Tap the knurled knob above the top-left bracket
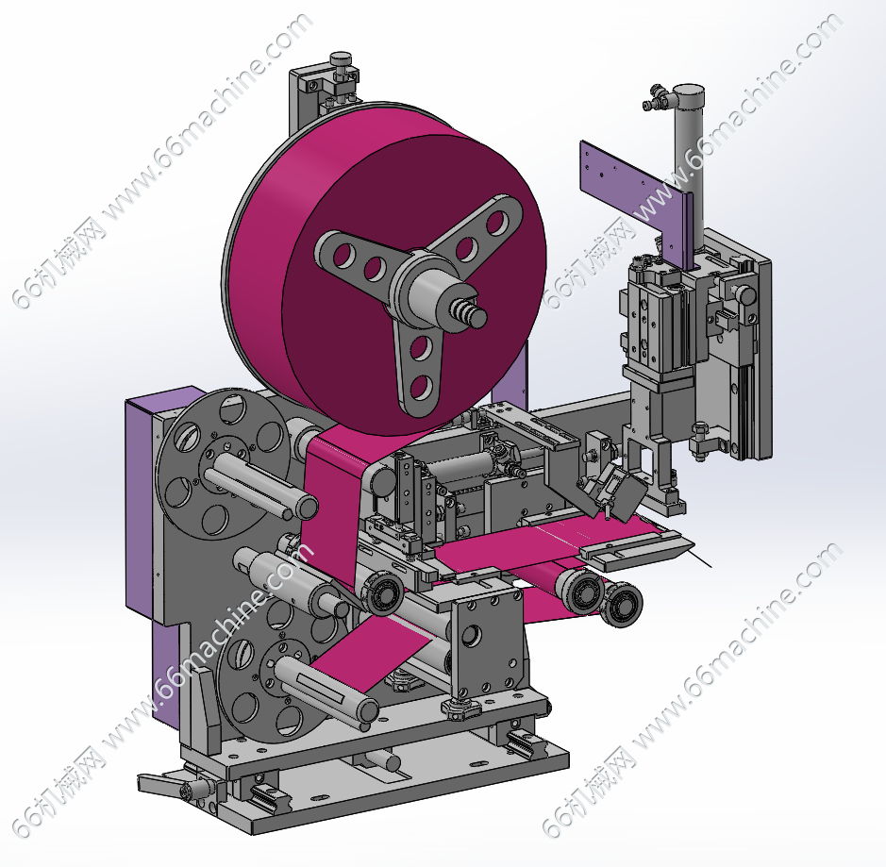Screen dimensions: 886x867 [x=341, y=58]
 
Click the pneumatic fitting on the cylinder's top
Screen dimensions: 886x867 [x=657, y=98]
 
